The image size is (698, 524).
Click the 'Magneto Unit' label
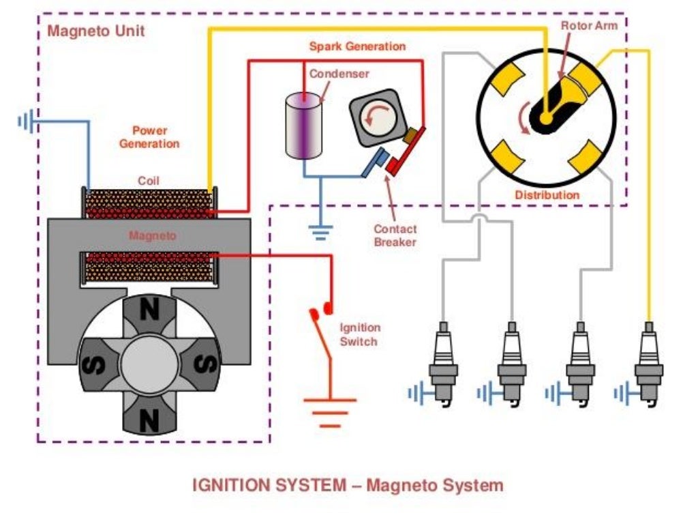pyautogui.click(x=96, y=31)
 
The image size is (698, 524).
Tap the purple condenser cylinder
pyautogui.click(x=305, y=128)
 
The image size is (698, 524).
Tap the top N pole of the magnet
pyautogui.click(x=148, y=311)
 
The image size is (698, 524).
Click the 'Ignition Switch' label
pyautogui.click(x=360, y=334)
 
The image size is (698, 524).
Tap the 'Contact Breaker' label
pyautogui.click(x=395, y=235)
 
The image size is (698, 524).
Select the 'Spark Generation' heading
pyautogui.click(x=357, y=46)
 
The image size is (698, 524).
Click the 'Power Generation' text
pyautogui.click(x=149, y=137)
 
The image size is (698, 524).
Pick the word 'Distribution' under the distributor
pyautogui.click(x=547, y=195)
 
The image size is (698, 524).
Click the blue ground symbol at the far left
pyautogui.click(x=26, y=122)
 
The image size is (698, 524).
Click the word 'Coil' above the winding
pyautogui.click(x=148, y=181)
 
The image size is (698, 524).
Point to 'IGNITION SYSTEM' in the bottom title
pyautogui.click(x=270, y=486)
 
